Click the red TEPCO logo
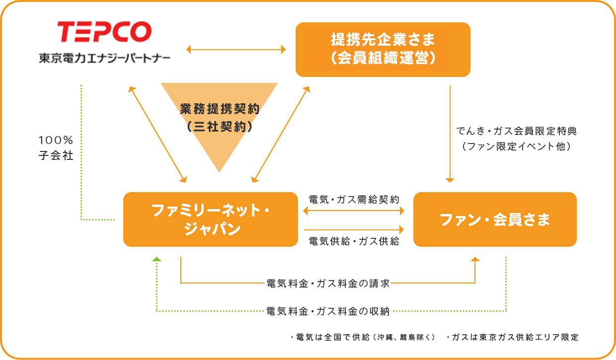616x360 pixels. [104, 32]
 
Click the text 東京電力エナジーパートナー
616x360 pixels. [104, 58]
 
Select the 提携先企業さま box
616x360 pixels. [383, 50]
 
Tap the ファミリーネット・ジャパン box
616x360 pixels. [210, 219]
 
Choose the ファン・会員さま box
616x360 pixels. [495, 219]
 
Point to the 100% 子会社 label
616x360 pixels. [56, 148]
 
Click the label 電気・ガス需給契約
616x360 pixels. [354, 200]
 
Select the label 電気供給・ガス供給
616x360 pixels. [354, 241]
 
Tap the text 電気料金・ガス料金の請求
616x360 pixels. [328, 284]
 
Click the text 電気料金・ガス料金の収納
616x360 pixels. [328, 311]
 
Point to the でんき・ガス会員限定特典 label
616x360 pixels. [517, 131]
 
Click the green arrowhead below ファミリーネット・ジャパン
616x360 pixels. [157, 259]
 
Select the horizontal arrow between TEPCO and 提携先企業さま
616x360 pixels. [236, 50]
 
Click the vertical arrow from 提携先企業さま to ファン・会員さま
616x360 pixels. [450, 134]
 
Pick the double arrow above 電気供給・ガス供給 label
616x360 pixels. [354, 211]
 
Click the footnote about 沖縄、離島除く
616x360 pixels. [363, 337]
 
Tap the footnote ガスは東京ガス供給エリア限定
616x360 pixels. [513, 337]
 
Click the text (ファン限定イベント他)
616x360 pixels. [517, 146]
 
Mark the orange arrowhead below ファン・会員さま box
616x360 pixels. [475, 259]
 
